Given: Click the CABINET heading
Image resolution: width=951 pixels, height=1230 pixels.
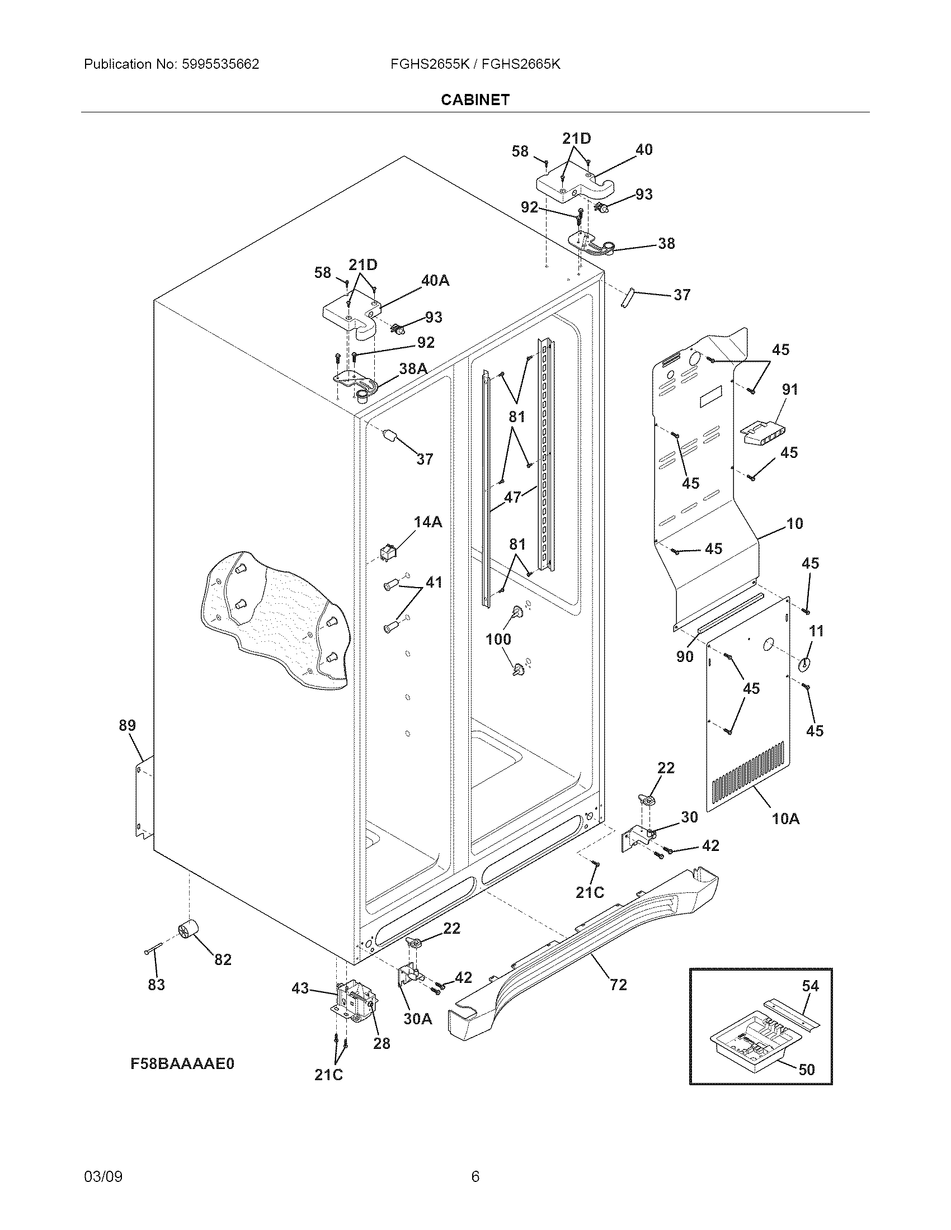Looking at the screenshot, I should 475,100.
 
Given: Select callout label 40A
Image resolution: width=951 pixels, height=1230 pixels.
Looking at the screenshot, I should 435,281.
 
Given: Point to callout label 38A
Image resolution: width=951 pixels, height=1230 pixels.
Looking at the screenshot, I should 413,368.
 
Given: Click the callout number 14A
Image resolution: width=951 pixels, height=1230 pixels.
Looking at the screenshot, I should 428,522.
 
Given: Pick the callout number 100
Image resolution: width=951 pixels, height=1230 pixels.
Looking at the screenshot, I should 498,639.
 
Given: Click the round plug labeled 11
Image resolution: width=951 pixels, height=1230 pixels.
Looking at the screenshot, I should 804,664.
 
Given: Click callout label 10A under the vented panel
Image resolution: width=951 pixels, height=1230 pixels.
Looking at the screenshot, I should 785,819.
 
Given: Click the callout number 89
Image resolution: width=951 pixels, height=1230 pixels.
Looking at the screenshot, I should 128,725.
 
